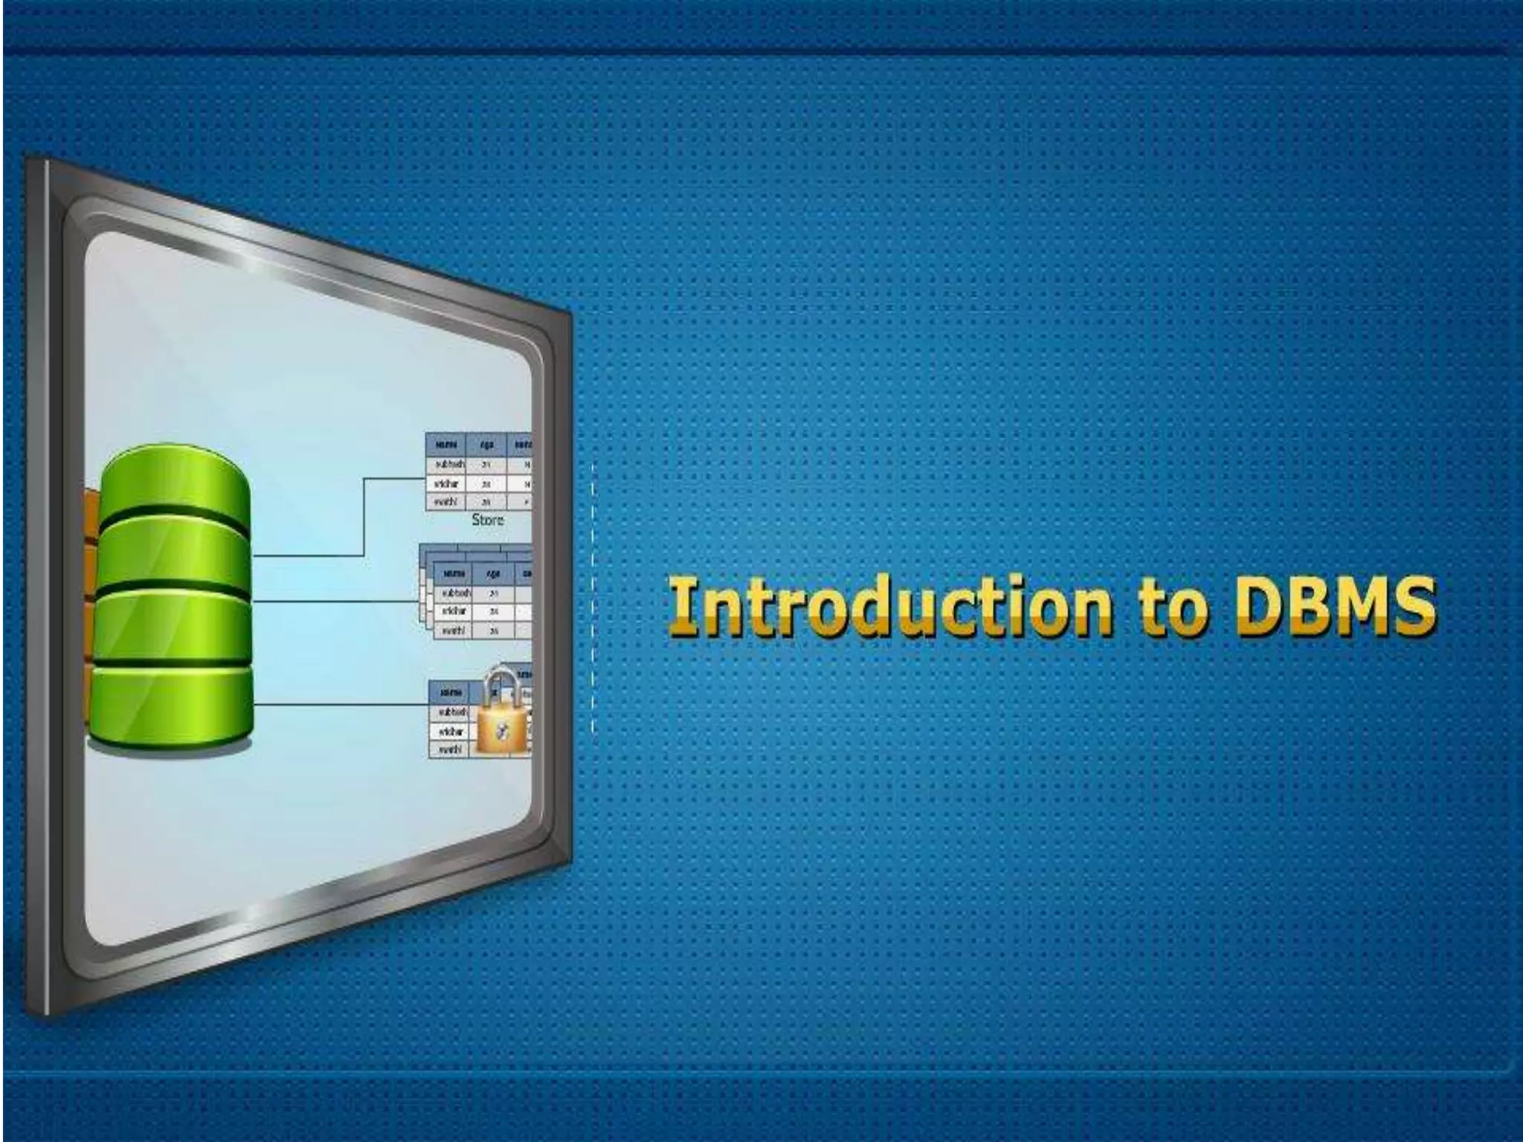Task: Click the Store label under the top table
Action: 488,520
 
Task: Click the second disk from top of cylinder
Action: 173,554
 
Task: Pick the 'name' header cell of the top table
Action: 445,444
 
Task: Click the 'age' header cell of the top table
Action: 486,444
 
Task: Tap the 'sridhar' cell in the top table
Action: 446,483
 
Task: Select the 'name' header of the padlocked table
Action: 450,691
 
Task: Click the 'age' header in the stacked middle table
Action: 492,573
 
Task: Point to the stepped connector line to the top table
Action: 364,517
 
